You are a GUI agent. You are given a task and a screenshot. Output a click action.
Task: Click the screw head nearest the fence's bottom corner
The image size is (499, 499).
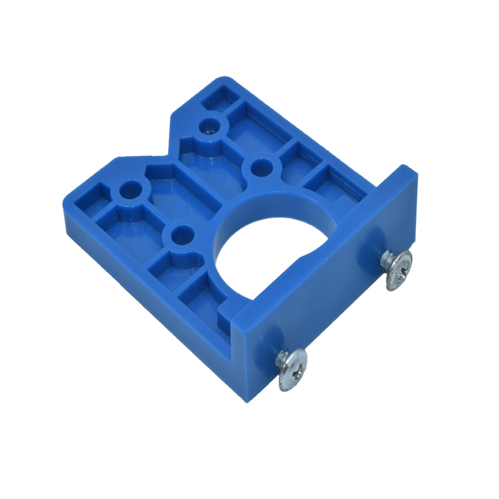tap(292, 369)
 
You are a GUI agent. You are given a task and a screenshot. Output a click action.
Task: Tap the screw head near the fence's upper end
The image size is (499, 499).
tap(399, 269)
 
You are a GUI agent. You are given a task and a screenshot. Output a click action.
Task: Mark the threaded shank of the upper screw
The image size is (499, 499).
tap(386, 258)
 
